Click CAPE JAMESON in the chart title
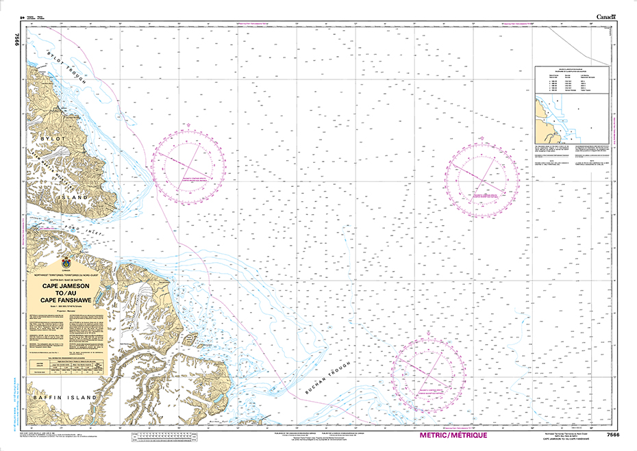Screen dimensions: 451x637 pyautogui.click(x=66, y=287)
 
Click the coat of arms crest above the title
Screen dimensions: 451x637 pyautogui.click(x=66, y=261)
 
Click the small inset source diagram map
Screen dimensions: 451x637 pyautogui.click(x=563, y=120)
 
